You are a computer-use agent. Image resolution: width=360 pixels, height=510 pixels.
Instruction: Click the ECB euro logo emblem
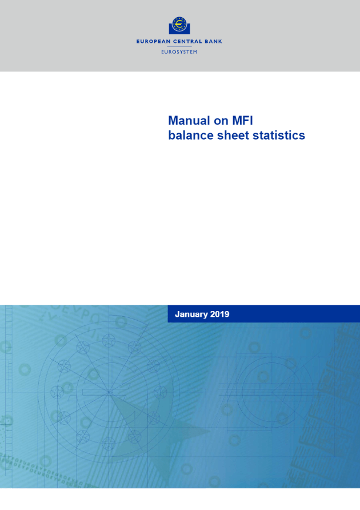pyautogui.click(x=179, y=25)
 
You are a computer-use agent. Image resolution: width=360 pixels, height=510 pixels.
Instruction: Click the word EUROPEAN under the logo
pyautogui.click(x=153, y=42)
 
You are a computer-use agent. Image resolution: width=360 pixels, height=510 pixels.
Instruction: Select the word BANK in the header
pyautogui.click(x=213, y=42)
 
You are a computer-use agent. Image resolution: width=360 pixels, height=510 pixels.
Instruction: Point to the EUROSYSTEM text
pyautogui.click(x=179, y=51)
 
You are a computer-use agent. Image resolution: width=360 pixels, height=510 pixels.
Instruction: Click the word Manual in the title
pyautogui.click(x=189, y=121)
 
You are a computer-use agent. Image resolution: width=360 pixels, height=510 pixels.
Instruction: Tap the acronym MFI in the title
pyautogui.click(x=242, y=121)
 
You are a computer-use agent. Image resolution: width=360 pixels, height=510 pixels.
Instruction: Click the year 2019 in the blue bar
pyautogui.click(x=220, y=314)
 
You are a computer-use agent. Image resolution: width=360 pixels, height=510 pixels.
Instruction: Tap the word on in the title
pyautogui.click(x=221, y=121)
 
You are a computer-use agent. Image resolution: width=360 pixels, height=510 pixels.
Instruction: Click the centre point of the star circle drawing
pyautogui.click(x=109, y=393)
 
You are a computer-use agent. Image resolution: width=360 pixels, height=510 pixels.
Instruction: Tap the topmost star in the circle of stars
pyautogui.click(x=109, y=341)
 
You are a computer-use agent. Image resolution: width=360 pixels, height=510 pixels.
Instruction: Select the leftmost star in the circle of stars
pyautogui.click(x=57, y=392)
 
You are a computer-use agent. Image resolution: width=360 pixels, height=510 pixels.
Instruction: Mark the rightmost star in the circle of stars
pyautogui.click(x=160, y=393)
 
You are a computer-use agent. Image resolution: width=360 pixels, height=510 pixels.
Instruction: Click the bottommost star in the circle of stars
pyautogui.click(x=109, y=444)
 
